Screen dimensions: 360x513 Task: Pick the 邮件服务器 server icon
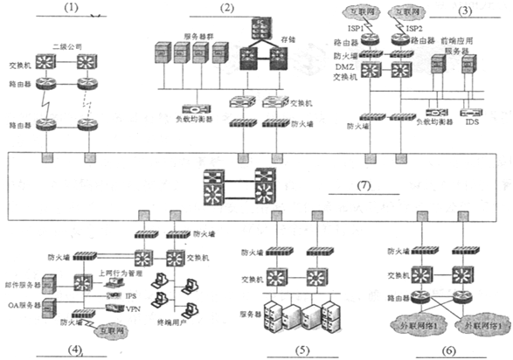[x=49, y=282]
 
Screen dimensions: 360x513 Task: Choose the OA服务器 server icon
[x=49, y=308]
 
